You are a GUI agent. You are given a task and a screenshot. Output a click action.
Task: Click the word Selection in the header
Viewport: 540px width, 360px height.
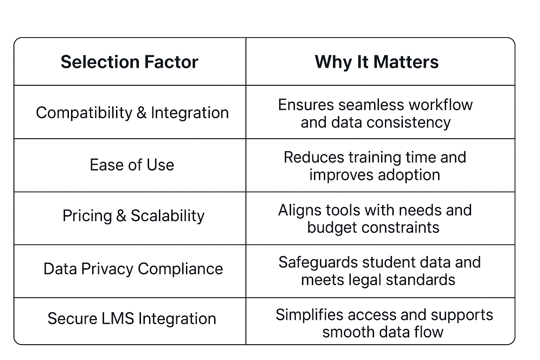[100, 62]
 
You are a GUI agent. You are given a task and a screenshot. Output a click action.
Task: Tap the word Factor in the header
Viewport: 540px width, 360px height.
[172, 62]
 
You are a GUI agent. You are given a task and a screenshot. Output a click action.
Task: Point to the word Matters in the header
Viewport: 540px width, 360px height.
[406, 62]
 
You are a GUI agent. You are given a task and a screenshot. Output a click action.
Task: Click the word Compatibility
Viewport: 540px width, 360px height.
[84, 113]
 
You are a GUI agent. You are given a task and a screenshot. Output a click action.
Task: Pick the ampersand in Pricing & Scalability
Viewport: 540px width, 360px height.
[121, 216]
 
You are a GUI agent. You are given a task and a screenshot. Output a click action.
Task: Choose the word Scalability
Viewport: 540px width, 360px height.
[168, 216]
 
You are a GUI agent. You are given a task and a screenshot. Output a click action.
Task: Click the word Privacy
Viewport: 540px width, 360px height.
[107, 269]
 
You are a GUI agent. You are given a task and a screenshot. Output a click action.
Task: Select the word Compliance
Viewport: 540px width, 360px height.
[180, 269]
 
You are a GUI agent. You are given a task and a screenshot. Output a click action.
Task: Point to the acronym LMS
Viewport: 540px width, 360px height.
[118, 319]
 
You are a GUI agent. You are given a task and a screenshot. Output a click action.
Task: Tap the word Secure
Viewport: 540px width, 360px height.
[72, 319]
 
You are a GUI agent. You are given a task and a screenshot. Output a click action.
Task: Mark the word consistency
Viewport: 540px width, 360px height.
[409, 123]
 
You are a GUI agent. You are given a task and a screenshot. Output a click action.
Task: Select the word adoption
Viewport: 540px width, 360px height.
[409, 175]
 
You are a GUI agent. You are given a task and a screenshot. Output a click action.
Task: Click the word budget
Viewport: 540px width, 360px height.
[332, 228]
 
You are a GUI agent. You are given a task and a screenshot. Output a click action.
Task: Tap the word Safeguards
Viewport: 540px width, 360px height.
[318, 263]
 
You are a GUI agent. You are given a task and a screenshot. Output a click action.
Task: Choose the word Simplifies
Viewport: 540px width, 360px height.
[309, 315]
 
